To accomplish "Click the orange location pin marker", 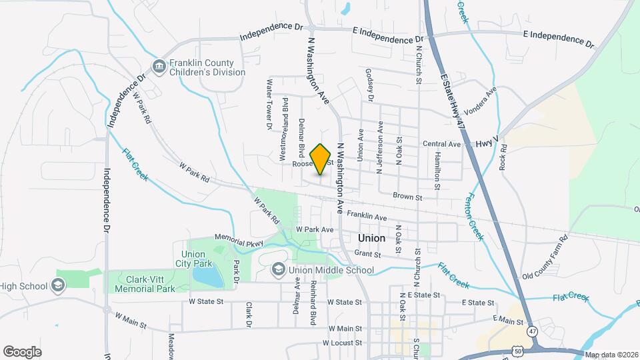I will coord(321,159).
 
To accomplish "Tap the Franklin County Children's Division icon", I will coord(159,65).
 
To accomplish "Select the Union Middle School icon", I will coord(278,270).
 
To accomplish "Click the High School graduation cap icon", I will coord(58,286).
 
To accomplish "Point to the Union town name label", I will coord(371,238).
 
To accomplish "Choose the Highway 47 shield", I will coord(531,330).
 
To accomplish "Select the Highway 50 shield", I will coord(518,349).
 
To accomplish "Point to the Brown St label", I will coord(407,197).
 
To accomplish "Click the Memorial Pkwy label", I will coord(239,239).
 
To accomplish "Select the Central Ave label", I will coord(441,144).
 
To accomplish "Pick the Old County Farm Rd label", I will coord(544,257).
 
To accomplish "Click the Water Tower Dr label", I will coord(270,104).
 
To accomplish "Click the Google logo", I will coord(22,351).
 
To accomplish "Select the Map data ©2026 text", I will coord(611,355).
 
